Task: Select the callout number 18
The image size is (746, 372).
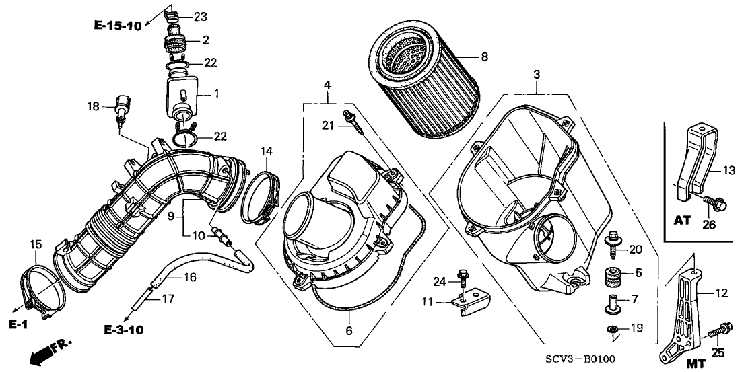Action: click(x=92, y=106)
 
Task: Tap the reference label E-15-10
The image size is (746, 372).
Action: click(x=118, y=26)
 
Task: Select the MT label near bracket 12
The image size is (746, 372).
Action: click(x=696, y=363)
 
